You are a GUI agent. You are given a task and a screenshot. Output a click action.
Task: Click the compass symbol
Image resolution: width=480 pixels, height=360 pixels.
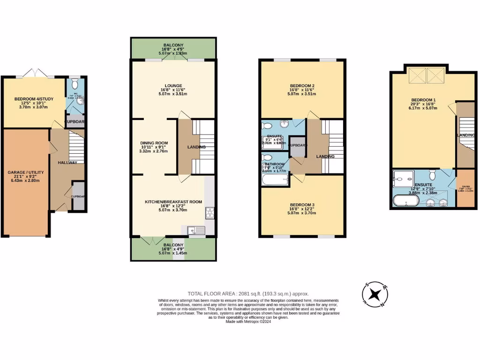375,294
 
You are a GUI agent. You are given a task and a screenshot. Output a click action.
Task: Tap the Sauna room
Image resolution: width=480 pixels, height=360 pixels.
466,191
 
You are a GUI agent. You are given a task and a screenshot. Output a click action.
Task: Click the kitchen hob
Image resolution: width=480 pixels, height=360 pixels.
210,213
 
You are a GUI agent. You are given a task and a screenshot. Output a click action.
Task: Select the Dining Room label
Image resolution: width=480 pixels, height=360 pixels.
154,143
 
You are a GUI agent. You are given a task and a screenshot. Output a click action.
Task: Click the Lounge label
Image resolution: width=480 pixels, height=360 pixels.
173,85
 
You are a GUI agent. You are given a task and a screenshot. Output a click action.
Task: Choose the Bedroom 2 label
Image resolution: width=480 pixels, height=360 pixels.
302,85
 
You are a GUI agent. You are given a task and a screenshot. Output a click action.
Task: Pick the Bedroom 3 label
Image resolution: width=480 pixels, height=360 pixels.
302,205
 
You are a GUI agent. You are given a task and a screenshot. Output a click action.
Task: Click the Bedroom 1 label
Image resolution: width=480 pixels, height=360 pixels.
424,100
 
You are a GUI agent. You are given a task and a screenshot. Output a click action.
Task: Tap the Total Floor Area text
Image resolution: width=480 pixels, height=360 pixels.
248,293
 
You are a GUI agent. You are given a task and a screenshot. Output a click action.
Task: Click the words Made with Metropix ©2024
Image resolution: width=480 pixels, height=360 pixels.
248,322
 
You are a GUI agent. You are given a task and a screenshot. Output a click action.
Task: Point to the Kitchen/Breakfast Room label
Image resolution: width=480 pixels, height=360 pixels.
173,202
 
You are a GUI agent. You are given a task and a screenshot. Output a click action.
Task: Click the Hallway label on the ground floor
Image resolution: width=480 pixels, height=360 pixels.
67,162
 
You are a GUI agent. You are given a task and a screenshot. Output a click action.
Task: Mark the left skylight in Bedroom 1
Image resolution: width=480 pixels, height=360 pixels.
417,74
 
